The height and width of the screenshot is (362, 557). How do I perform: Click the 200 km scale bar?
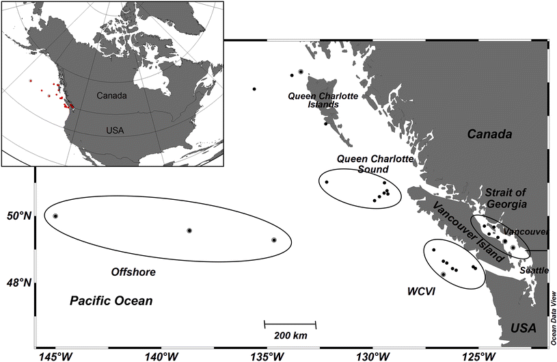tap(290, 323)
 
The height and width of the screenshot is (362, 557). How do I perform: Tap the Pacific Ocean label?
tap(111, 300)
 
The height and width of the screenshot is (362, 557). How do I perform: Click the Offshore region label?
tap(133, 272)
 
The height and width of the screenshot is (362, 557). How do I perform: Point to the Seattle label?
tap(534, 270)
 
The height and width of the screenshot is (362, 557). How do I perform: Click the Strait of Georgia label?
tap(506, 198)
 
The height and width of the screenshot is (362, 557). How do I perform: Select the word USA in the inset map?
tap(116, 130)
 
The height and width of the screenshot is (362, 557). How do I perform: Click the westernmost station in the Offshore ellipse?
tap(55, 216)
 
